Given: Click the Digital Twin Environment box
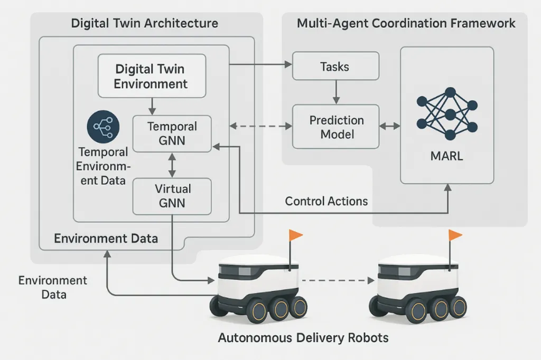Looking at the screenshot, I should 151,76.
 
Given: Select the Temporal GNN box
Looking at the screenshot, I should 172,134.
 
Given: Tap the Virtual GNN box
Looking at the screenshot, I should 172,196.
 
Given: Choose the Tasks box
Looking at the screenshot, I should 335,67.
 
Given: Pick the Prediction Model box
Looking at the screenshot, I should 337,127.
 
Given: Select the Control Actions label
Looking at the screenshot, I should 327,201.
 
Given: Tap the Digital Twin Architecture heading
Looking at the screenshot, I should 144,24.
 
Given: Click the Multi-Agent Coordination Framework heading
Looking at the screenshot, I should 406,24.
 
